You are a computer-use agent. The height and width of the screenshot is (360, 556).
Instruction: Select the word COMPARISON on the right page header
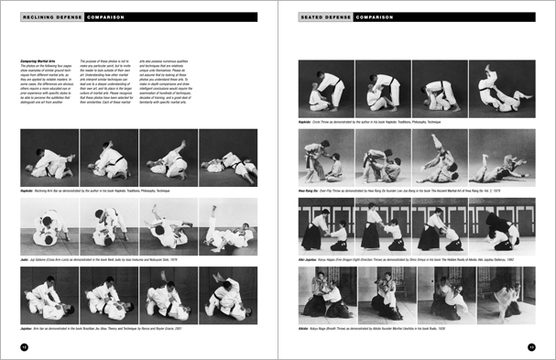click(375, 16)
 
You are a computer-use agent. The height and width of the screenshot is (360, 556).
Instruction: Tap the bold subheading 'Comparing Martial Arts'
click(36, 60)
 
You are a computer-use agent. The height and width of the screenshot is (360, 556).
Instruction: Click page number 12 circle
click(24, 346)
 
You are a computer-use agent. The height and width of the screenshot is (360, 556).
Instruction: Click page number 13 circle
click(531, 346)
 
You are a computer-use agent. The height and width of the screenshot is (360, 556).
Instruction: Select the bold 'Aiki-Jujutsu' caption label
click(309, 259)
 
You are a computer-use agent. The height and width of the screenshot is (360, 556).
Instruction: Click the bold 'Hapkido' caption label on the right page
click(305, 119)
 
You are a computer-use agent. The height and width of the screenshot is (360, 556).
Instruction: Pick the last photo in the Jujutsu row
click(228, 294)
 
